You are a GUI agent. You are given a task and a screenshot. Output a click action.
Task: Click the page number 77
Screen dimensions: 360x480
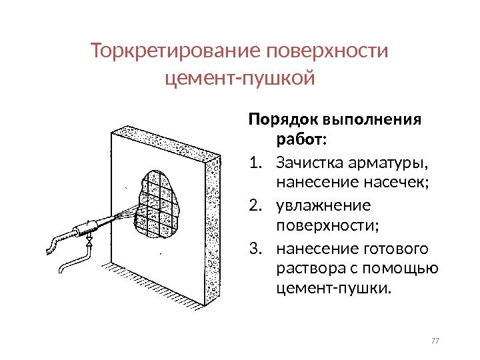coord(436,342)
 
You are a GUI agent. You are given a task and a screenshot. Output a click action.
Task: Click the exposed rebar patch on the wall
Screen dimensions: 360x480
coord(160,203)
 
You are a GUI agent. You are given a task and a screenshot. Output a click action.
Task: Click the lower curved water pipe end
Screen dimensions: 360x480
coord(61,269)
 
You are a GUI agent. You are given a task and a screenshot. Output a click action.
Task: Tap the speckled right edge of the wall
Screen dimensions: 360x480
coord(212,233)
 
